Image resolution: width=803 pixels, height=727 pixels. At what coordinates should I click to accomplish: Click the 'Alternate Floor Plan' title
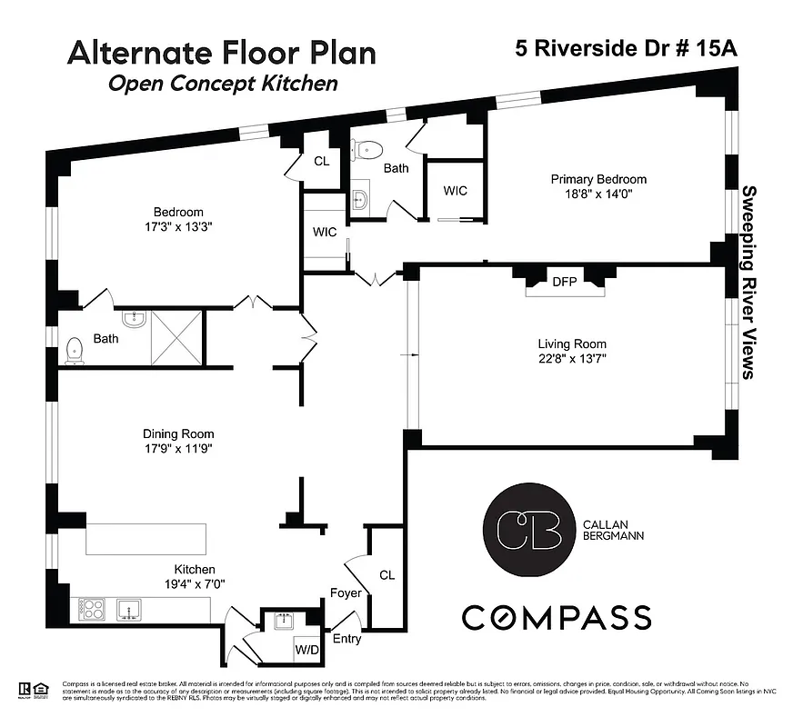(x=222, y=52)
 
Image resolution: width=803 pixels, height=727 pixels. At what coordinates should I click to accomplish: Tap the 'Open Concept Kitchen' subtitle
(x=223, y=84)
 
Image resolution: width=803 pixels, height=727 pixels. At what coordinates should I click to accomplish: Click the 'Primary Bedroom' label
(x=598, y=179)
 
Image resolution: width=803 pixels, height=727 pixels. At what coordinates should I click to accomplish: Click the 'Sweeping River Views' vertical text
(x=750, y=282)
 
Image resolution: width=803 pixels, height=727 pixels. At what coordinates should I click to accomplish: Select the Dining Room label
(x=178, y=433)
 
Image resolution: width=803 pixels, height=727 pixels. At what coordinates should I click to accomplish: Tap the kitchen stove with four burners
(x=94, y=608)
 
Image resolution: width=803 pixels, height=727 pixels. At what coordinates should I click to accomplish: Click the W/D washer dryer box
(x=306, y=650)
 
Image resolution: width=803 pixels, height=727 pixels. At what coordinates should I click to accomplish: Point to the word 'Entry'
(x=347, y=639)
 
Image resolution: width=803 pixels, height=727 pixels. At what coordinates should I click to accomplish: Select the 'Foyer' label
(x=346, y=593)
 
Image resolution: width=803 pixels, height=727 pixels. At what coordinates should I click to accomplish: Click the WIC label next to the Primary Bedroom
(x=455, y=191)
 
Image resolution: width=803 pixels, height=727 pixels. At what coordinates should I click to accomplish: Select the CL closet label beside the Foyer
(x=386, y=575)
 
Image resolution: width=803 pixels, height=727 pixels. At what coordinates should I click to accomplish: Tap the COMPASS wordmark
(x=557, y=618)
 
